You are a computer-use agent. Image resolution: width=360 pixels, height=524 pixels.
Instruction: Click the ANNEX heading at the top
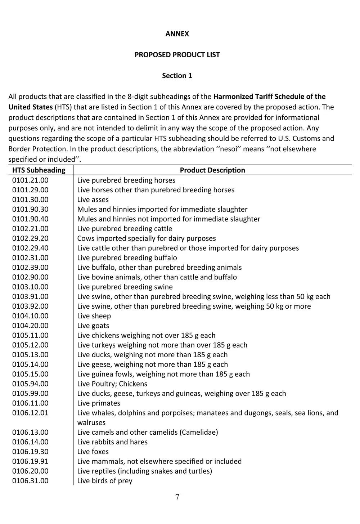[x=177, y=34]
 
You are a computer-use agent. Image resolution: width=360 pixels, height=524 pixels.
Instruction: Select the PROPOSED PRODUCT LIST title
[x=177, y=55]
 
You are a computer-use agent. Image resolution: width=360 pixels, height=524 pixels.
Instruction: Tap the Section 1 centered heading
[x=177, y=76]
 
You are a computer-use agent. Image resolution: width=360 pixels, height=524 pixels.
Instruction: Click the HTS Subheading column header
[x=39, y=170]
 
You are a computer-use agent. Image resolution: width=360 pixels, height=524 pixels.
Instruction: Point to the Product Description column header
[x=212, y=170]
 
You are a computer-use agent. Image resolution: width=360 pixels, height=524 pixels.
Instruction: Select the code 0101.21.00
[x=30, y=180]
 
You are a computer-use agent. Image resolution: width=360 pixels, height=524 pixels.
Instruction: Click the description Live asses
[x=93, y=200]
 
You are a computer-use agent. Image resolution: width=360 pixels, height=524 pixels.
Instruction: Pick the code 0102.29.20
[x=30, y=238]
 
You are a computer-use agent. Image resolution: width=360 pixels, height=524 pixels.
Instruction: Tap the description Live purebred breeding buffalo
[x=127, y=258]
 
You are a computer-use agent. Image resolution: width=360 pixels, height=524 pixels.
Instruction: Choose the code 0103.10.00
[x=30, y=287]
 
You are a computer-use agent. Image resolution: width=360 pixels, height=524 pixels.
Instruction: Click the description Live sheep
[x=94, y=316]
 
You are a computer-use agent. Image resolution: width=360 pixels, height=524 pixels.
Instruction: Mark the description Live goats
[x=93, y=326]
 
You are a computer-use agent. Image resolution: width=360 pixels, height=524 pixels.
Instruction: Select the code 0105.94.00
[x=30, y=384]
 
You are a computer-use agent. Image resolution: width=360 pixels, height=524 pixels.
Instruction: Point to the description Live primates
[x=99, y=403]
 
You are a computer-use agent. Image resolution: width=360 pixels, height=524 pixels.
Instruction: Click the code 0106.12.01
[x=30, y=413]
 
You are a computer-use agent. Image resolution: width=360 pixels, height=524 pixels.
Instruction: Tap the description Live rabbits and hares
[x=112, y=442]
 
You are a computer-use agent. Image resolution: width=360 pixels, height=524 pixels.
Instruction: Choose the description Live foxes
[x=93, y=452]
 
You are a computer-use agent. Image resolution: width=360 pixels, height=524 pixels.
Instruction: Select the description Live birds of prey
[x=105, y=481]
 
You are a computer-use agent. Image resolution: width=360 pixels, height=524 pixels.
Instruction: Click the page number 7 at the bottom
[x=177, y=498]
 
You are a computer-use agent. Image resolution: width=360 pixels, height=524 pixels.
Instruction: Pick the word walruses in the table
[x=91, y=423]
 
